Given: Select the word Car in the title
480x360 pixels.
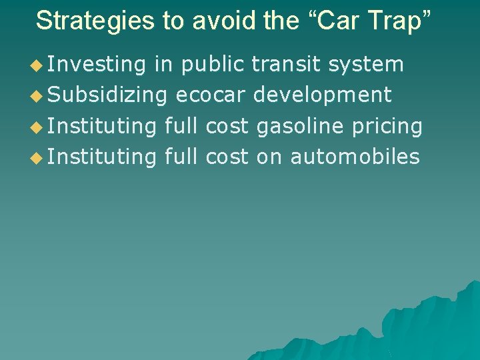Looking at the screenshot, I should pyautogui.click(x=339, y=21).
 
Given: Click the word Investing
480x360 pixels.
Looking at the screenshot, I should pyautogui.click(x=97, y=65).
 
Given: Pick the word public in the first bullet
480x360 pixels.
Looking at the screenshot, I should pyautogui.click(x=213, y=65).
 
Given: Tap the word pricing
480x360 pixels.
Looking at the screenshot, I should pyautogui.click(x=393, y=126).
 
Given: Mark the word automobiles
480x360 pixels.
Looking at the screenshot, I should pyautogui.click(x=355, y=157).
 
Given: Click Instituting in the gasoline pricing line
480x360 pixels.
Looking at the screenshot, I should pyautogui.click(x=102, y=126).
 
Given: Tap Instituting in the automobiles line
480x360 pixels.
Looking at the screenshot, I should pyautogui.click(x=102, y=157).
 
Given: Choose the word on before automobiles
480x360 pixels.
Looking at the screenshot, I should pyautogui.click(x=269, y=157).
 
